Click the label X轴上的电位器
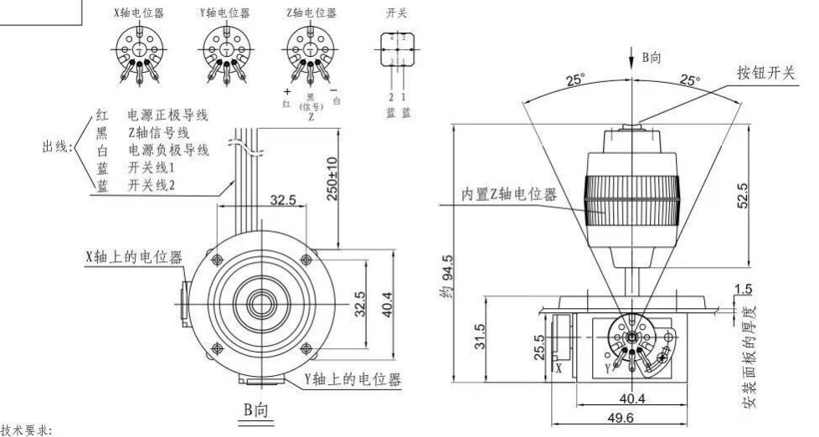134,257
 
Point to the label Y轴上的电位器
352,378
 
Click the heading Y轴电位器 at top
224,13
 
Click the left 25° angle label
574,82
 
